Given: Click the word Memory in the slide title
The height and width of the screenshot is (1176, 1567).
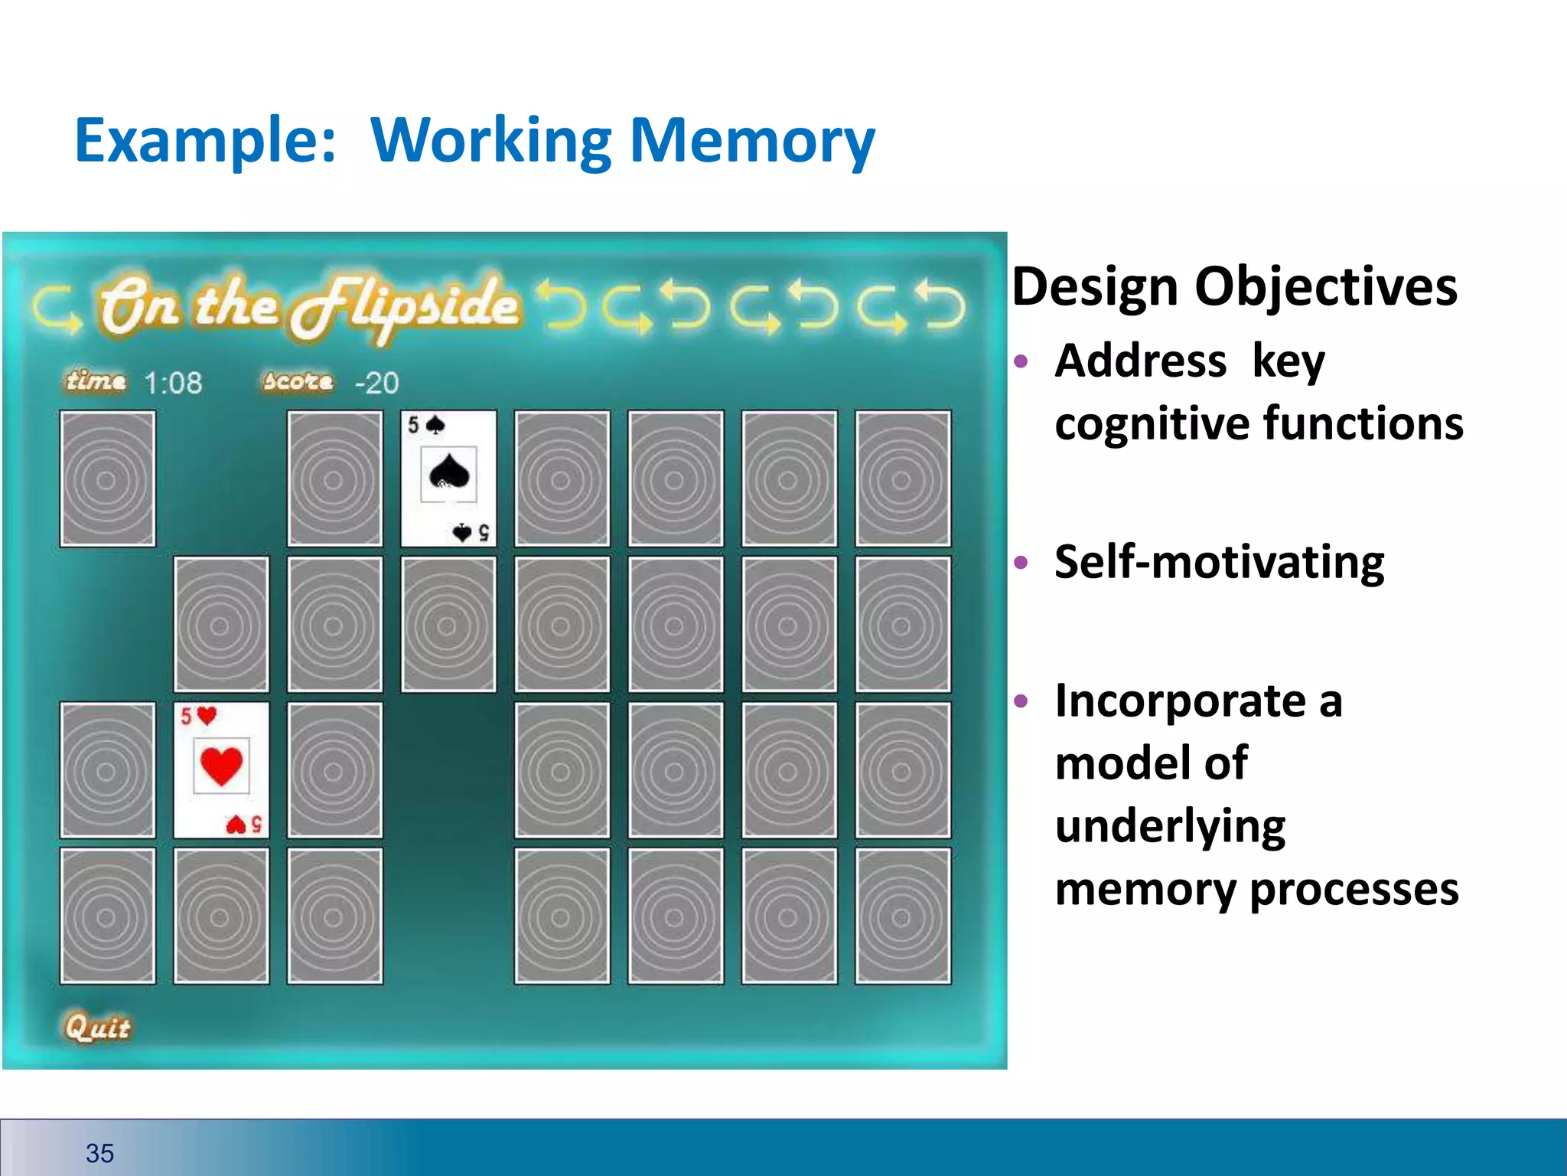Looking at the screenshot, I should pos(751,142).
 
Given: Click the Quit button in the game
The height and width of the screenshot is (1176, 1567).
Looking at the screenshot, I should pos(97,1027).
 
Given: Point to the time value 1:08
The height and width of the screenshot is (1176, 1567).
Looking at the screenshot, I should pos(174,383).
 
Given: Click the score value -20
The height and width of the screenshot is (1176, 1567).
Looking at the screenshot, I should pos(376,383).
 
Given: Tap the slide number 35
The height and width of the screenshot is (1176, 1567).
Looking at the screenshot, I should pos(99,1153).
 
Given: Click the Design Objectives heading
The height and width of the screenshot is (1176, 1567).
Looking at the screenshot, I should pos(1234,286).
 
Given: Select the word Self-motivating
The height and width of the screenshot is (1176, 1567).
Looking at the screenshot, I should pos(1219,562).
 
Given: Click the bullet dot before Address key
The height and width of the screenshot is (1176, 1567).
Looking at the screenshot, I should pos(1021,361).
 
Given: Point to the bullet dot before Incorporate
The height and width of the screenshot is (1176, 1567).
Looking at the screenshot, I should pos(1021,701).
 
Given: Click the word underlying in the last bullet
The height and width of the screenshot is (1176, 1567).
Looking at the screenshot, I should pos(1170,826).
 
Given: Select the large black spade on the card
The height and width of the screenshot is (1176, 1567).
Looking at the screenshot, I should pos(449,472).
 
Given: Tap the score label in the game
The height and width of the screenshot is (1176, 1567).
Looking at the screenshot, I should pos(298,381).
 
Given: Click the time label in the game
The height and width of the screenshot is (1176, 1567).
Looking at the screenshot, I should pos(96,381).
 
